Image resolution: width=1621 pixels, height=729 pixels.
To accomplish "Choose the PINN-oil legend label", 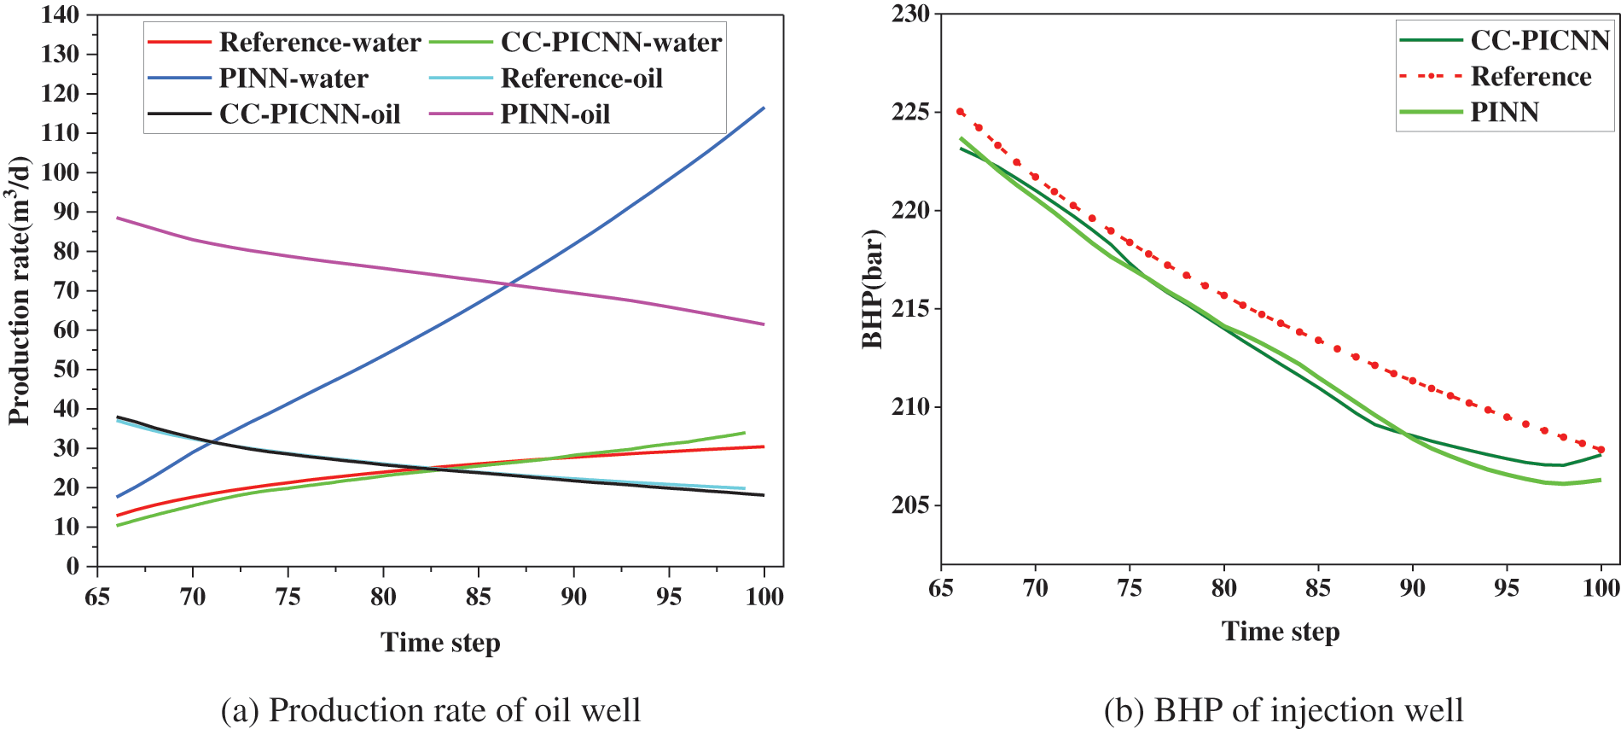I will [x=555, y=114].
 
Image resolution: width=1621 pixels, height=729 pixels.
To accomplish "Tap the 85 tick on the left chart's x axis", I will [x=479, y=597].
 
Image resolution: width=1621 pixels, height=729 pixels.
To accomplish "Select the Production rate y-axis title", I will [x=20, y=290].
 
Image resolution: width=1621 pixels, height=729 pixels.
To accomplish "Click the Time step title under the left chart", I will [x=440, y=642].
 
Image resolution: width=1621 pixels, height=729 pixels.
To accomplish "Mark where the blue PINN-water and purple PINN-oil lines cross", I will [x=509, y=284].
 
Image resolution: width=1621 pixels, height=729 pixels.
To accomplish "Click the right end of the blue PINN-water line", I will [x=764, y=108].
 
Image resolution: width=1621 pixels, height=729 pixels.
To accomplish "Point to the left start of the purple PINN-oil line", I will [x=118, y=218].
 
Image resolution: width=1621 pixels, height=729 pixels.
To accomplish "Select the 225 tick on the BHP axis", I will [x=910, y=112].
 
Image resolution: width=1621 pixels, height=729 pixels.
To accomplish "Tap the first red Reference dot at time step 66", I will [x=961, y=112].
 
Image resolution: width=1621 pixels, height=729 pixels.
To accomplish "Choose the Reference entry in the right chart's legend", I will [x=1531, y=76].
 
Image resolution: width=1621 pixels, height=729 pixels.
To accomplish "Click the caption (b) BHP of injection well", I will [x=1283, y=710].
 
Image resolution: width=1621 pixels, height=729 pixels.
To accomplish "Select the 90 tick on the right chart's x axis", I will [x=1413, y=587].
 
